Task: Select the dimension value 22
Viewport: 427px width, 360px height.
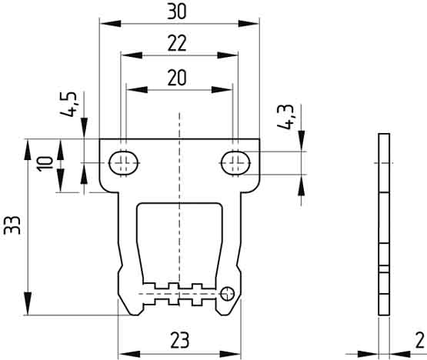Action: tap(178, 45)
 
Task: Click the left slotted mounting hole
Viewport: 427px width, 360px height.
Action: tap(122, 162)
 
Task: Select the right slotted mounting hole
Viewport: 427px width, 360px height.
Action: tap(235, 162)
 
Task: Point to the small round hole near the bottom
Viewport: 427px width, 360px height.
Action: tap(228, 292)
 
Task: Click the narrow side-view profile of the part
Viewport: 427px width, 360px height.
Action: tap(384, 223)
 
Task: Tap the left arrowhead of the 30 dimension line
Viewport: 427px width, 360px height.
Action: tap(108, 23)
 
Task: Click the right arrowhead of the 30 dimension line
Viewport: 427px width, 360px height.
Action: tap(251, 23)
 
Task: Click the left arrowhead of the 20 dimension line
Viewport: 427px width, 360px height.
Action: tap(132, 89)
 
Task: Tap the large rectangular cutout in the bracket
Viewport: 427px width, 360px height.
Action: tap(178, 238)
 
